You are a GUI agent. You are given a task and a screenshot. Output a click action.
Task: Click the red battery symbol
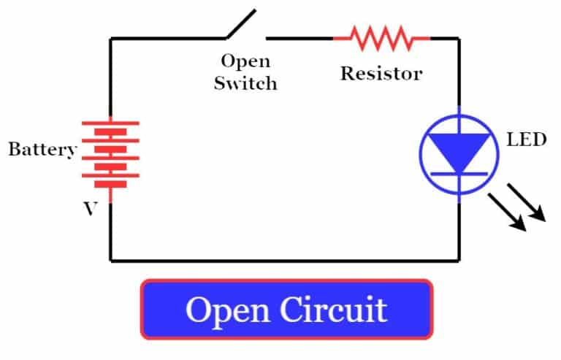click(110, 153)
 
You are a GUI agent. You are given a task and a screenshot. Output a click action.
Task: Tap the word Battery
click(42, 150)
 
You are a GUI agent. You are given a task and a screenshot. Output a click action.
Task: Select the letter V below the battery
click(90, 209)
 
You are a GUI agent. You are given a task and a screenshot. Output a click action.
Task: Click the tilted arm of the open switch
click(240, 23)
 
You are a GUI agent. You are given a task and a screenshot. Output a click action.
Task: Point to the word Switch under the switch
click(245, 83)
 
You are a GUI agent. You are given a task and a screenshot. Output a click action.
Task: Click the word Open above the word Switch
click(245, 62)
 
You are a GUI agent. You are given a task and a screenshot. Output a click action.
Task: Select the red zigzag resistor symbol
click(381, 37)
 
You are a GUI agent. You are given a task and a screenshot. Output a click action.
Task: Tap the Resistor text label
click(381, 74)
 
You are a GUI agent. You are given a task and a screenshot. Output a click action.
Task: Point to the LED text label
click(526, 139)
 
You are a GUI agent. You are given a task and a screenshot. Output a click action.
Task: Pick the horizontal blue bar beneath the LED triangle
click(459, 173)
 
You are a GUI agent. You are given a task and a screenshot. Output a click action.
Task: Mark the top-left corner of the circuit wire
click(111, 38)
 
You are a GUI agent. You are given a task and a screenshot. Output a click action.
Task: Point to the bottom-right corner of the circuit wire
click(459, 259)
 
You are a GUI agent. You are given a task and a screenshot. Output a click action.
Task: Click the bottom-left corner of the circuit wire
click(111, 259)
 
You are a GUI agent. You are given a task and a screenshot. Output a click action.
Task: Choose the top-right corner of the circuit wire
click(459, 38)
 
